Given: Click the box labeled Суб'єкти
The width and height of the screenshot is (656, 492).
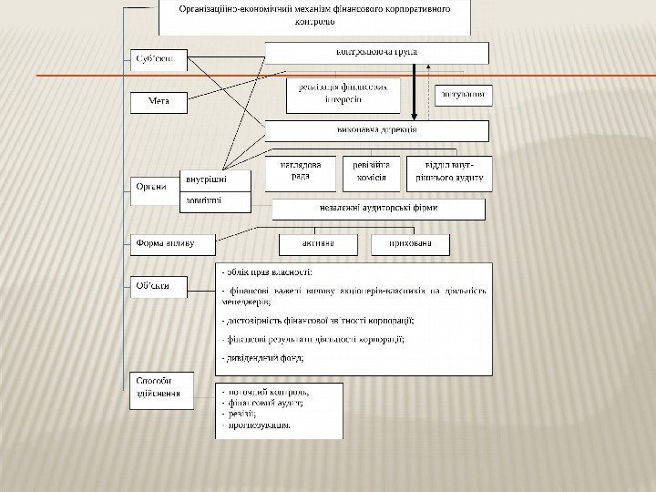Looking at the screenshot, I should tap(157, 61).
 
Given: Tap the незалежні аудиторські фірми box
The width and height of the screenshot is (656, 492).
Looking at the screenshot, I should tap(378, 209).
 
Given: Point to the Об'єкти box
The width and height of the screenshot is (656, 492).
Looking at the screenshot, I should tap(156, 287).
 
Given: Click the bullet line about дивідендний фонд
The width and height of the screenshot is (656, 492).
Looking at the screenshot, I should tap(264, 358).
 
